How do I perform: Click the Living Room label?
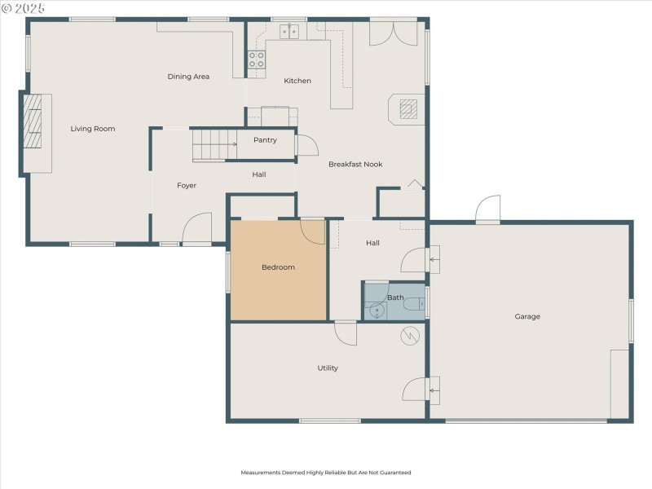92,129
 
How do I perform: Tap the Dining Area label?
188,77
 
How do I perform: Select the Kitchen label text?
297,81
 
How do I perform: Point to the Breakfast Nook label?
355,165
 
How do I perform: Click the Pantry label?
265,140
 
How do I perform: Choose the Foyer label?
187,186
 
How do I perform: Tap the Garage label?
527,316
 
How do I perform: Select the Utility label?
328,368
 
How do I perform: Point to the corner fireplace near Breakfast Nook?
408,108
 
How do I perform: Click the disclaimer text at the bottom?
326,473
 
